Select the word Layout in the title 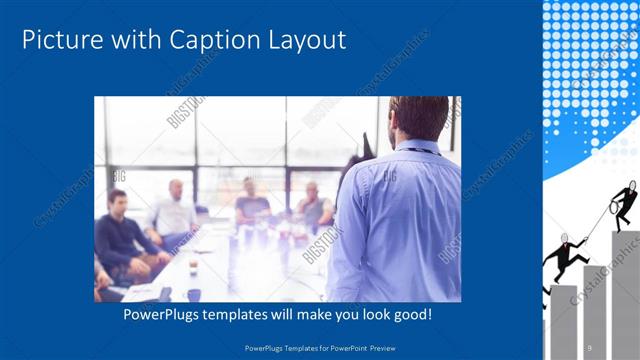pyautogui.click(x=304, y=41)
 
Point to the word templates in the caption pyautogui.click(x=241, y=315)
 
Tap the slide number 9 pyautogui.click(x=590, y=346)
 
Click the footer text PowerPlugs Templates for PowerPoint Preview pyautogui.click(x=319, y=346)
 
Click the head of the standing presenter pyautogui.click(x=418, y=118)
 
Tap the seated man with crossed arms pyautogui.click(x=314, y=206)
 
